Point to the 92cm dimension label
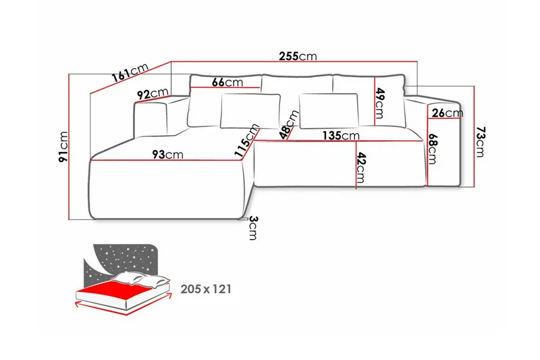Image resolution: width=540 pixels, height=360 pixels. click(x=152, y=94)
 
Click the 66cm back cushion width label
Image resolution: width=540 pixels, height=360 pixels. click(x=227, y=82)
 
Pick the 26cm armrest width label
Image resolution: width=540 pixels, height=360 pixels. click(x=447, y=113)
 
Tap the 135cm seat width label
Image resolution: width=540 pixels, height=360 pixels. click(x=340, y=135)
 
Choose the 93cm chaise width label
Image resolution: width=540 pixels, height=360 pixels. click(x=167, y=155)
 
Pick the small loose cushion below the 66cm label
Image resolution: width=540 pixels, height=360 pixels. click(x=249, y=109)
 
